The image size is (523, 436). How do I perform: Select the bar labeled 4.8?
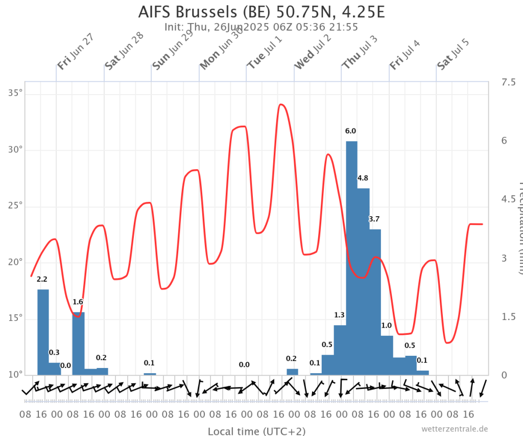pyautogui.click(x=363, y=281)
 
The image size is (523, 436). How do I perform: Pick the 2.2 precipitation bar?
pyautogui.click(x=43, y=332)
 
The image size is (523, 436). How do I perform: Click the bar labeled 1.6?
pyautogui.click(x=78, y=343)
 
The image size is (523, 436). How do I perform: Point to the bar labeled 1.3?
pyautogui.click(x=340, y=350)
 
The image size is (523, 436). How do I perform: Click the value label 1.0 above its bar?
pyautogui.click(x=387, y=326)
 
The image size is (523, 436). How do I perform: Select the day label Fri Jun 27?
pyautogui.click(x=75, y=51)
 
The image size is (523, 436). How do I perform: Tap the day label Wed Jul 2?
pyautogui.click(x=313, y=51)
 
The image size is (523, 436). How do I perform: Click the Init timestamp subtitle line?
pyautogui.click(x=261, y=27)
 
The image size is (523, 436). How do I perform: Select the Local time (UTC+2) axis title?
pyautogui.click(x=256, y=431)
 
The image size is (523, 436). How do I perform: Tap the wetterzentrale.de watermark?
pyautogui.click(x=455, y=429)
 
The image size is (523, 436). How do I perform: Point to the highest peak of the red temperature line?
pyautogui.click(x=281, y=105)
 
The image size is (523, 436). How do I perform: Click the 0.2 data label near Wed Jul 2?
pyautogui.click(x=291, y=358)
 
